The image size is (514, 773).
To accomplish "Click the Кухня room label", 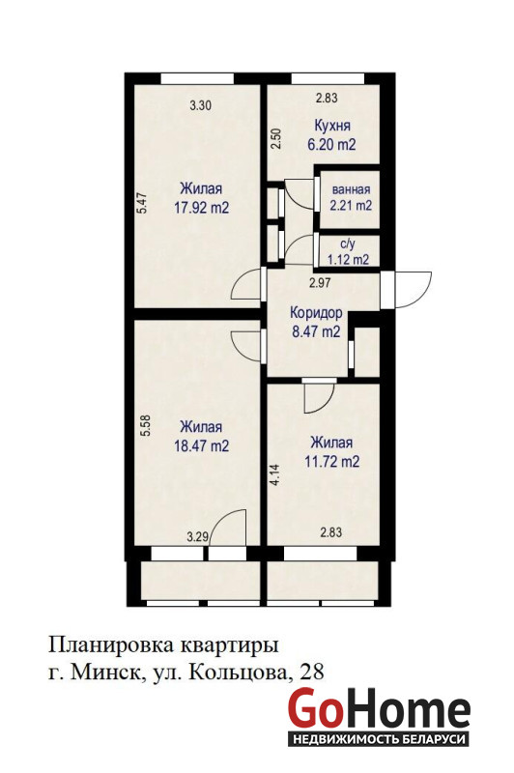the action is (x=332, y=126).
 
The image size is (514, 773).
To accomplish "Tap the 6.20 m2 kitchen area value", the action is (x=331, y=144).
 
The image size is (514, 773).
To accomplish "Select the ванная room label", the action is (x=351, y=189).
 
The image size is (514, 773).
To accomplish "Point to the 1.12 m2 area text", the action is (x=349, y=259).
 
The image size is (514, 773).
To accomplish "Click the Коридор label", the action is (x=316, y=313).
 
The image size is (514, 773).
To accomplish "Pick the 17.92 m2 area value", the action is (x=202, y=208).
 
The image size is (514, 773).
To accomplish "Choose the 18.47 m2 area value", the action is (x=202, y=446).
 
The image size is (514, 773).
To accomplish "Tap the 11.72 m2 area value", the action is (x=331, y=462).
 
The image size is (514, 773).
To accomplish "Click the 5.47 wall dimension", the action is (x=142, y=202).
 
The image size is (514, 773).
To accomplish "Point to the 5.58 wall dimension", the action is (x=145, y=426).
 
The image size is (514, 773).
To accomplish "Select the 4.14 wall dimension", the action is (x=276, y=475).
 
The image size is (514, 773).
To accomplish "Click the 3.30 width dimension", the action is (x=201, y=104).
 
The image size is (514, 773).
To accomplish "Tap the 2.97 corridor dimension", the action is (x=320, y=283).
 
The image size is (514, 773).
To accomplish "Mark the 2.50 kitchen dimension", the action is (x=276, y=139).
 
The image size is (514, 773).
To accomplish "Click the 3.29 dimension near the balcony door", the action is (x=197, y=536).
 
